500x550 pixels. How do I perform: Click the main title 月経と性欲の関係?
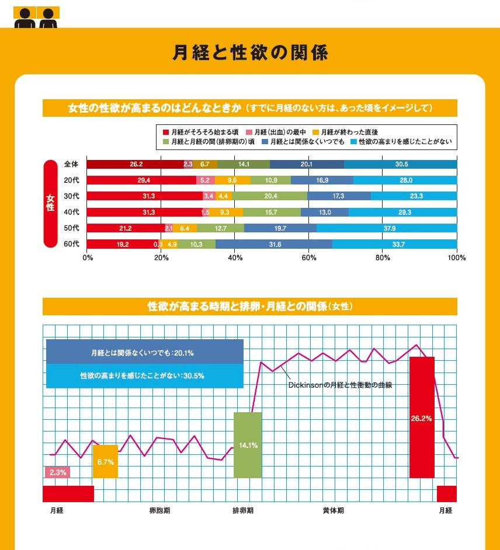point(250,53)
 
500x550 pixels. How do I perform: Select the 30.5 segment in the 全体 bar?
point(401,165)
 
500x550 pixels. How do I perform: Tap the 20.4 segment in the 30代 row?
point(270,196)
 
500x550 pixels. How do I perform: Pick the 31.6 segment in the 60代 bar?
point(274,244)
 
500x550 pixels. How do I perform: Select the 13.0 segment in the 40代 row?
point(324,213)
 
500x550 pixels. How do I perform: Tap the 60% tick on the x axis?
point(309,257)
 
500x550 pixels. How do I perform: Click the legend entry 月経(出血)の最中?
point(277,133)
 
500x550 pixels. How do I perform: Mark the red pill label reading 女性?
point(50,204)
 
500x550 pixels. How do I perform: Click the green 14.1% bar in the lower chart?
point(248,445)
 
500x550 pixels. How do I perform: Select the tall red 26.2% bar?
point(422,417)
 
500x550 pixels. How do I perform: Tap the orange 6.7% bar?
point(106,461)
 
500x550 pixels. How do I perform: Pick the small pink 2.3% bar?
point(57,472)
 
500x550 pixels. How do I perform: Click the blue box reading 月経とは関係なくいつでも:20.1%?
point(144,353)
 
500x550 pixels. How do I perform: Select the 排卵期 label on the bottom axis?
point(243,510)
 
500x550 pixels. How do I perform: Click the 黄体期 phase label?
point(333,510)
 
